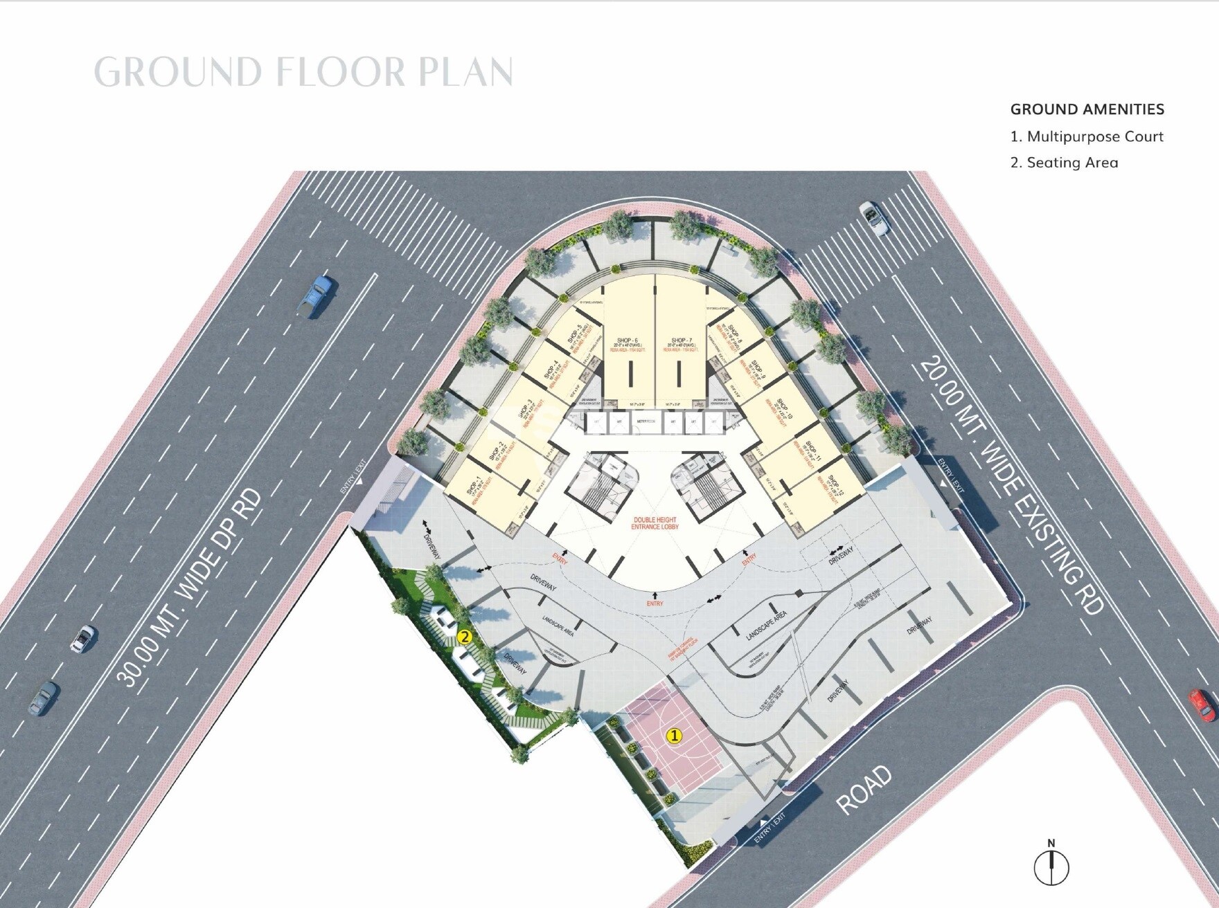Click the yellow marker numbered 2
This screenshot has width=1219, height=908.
465,637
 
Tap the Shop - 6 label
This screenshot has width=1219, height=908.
627,340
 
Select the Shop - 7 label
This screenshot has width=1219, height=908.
681,340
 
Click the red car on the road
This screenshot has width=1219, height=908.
1202,704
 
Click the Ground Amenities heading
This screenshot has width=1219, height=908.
1087,109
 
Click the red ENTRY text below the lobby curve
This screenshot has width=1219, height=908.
655,603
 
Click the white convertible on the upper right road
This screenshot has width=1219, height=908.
874,219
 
